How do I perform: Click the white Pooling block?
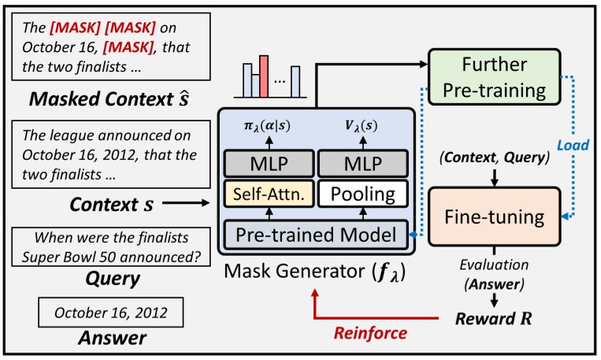(362, 191)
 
